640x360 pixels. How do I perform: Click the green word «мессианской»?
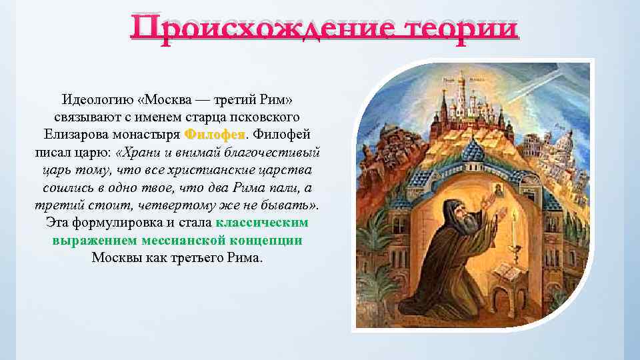(181, 239)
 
